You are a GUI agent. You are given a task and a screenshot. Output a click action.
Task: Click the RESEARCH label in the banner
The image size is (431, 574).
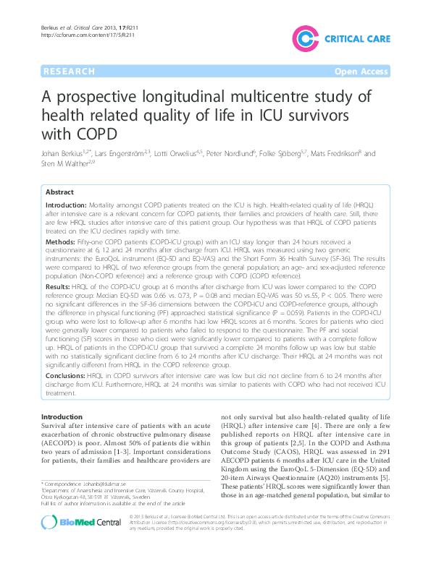(69, 72)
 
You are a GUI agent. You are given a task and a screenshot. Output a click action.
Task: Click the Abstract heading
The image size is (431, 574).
(59, 192)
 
